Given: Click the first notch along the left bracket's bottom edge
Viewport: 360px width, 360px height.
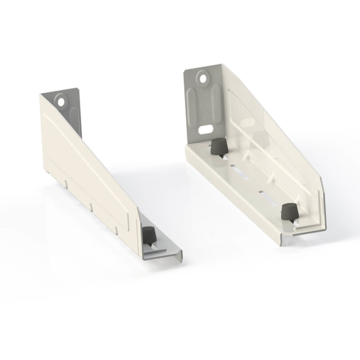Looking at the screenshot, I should pyautogui.click(x=66, y=184).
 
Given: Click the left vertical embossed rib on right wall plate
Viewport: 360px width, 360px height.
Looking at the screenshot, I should pyautogui.click(x=193, y=108).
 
